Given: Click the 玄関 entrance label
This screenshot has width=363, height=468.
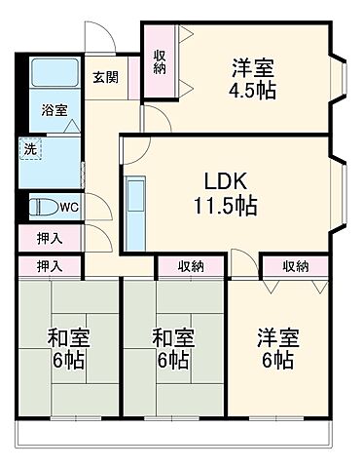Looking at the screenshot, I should [105, 78].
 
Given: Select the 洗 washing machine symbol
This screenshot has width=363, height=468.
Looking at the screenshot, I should [29, 151].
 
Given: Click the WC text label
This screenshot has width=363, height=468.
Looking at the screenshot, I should [68, 207].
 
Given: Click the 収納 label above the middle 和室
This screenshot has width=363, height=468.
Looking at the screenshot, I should [191, 265].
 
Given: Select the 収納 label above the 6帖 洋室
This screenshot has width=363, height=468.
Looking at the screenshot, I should [296, 265].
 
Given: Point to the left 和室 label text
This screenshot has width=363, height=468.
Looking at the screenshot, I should [68, 339].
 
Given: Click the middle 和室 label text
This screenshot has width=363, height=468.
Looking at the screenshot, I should [172, 339].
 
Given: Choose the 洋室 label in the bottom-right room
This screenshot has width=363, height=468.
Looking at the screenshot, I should [277, 339].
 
